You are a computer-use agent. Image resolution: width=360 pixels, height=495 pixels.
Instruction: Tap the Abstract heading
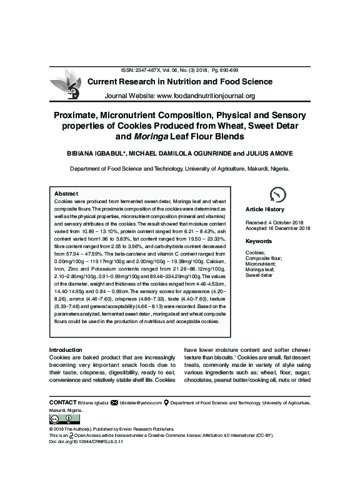[66, 193]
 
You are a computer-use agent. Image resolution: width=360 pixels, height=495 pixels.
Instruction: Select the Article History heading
[265, 209]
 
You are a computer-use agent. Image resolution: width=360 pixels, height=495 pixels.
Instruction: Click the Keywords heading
[258, 241]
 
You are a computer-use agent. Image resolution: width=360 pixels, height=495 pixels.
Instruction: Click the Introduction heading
[65, 349]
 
